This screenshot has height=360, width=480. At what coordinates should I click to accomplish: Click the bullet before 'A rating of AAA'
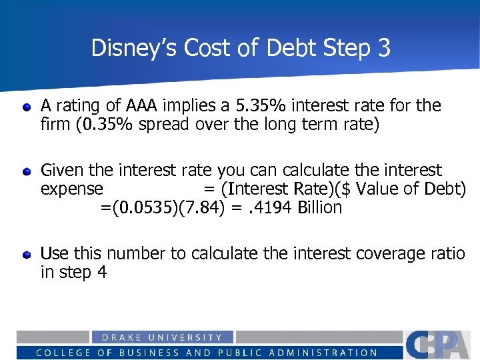pyautogui.click(x=26, y=107)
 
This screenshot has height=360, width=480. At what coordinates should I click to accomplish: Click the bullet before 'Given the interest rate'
pyautogui.click(x=26, y=171)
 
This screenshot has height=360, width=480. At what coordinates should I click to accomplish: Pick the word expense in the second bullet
pyautogui.click(x=72, y=189)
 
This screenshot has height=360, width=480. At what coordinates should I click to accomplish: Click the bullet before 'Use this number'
pyautogui.click(x=26, y=255)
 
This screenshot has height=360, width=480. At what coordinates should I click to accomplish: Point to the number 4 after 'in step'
pyautogui.click(x=101, y=273)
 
